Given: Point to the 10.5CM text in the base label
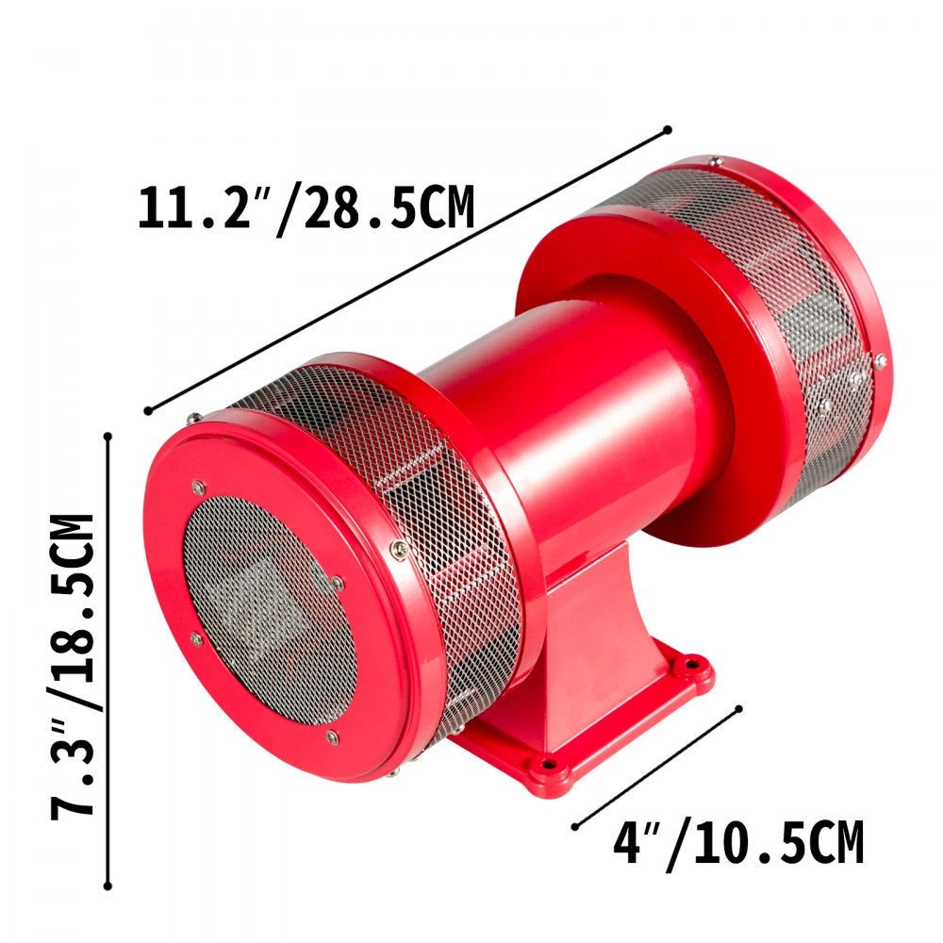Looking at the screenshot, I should pyautogui.click(x=773, y=844).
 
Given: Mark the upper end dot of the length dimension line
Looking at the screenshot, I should pyautogui.click(x=668, y=129).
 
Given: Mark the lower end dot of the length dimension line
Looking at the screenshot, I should pyautogui.click(x=148, y=410).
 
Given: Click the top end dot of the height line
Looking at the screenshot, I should pyautogui.click(x=108, y=436).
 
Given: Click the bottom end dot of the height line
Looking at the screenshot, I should pyautogui.click(x=108, y=886).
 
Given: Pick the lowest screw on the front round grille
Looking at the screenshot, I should pyautogui.click(x=332, y=736).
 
